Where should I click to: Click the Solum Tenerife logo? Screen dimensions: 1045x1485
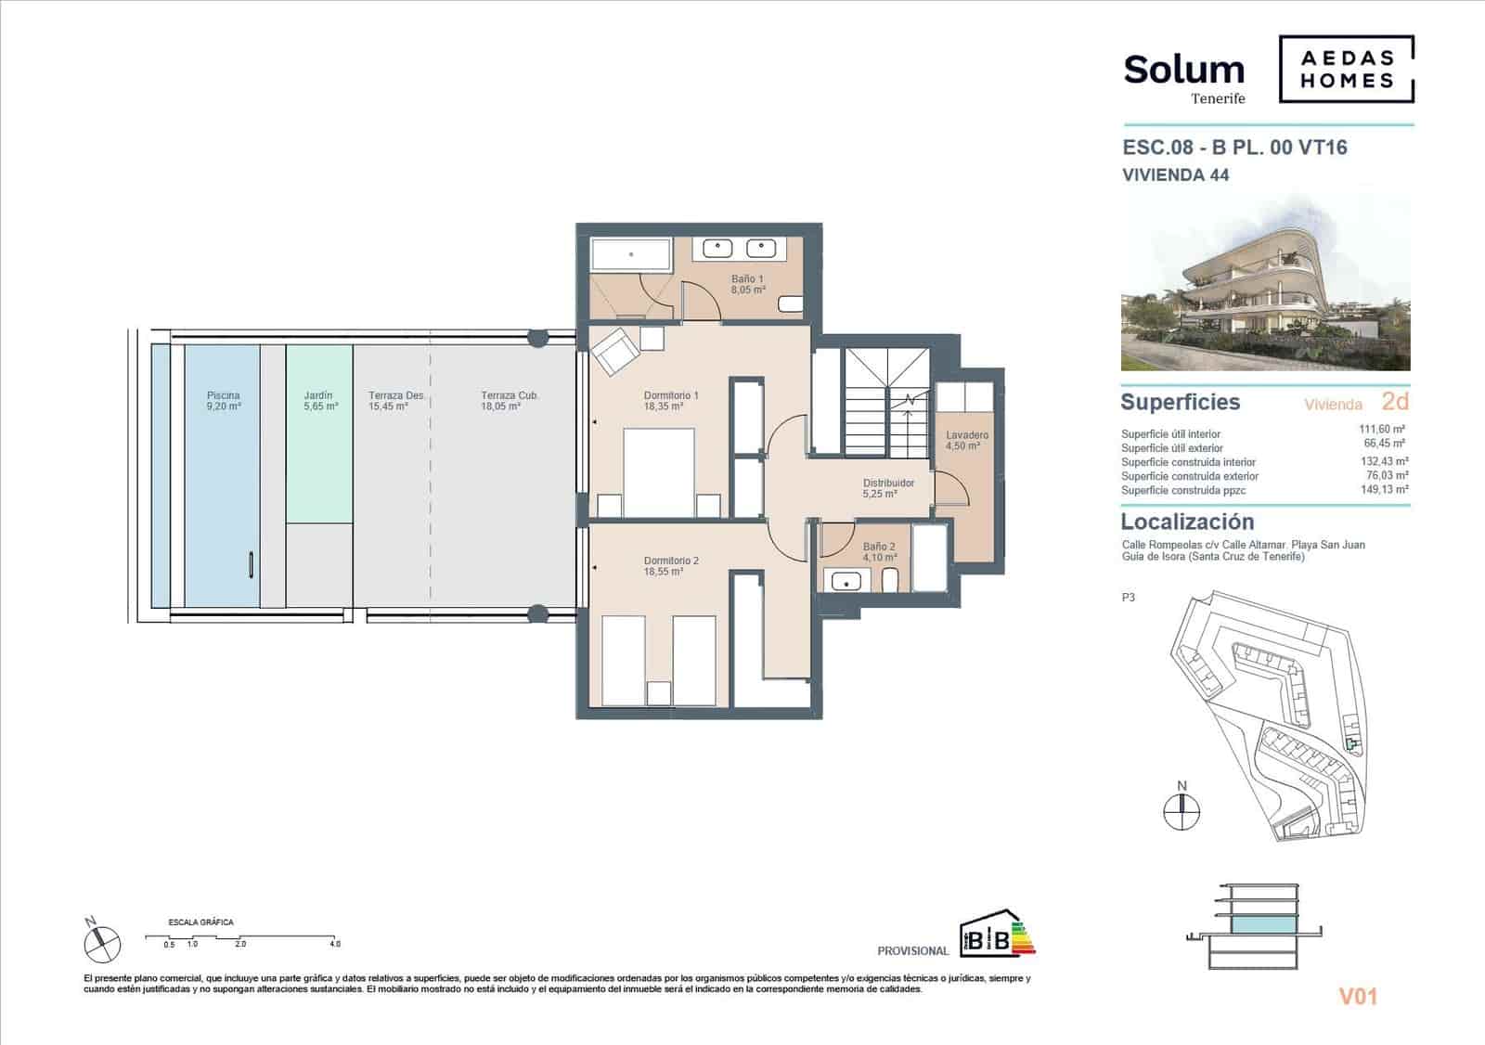1184,76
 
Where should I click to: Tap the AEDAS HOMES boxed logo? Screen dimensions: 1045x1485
1347,70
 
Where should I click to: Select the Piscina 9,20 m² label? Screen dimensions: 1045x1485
224,401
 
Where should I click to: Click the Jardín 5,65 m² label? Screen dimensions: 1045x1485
319,401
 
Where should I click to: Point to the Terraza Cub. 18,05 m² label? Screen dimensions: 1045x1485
509,401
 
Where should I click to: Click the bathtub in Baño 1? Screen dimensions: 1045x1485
632,255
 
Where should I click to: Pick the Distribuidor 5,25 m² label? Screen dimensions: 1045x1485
887,488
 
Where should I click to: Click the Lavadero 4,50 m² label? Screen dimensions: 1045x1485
966,440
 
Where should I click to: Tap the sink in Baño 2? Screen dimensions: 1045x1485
846,582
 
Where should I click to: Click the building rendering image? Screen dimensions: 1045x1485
1265,284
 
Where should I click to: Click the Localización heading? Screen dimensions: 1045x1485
1187,522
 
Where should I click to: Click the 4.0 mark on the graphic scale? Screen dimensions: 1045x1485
334,944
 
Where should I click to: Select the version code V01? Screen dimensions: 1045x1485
1358,997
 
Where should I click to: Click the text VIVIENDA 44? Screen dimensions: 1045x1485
1175,174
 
